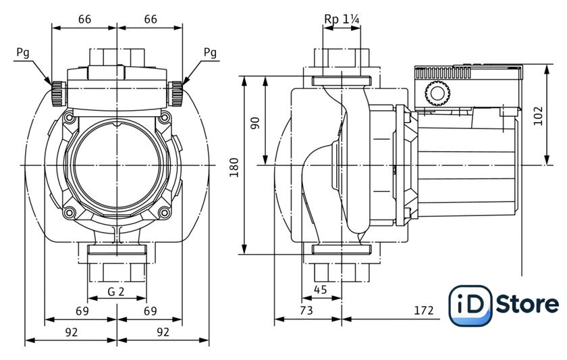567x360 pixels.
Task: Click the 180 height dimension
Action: click(234, 167)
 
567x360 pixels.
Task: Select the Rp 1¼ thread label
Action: click(342, 19)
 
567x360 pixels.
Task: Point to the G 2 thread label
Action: click(116, 292)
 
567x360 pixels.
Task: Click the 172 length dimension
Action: click(423, 311)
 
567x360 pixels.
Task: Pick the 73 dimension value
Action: click(306, 311)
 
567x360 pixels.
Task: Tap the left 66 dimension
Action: click(84, 19)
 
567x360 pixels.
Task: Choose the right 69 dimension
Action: click(150, 311)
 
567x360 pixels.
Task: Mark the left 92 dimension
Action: click(72, 332)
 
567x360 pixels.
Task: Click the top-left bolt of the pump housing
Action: click(69, 118)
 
